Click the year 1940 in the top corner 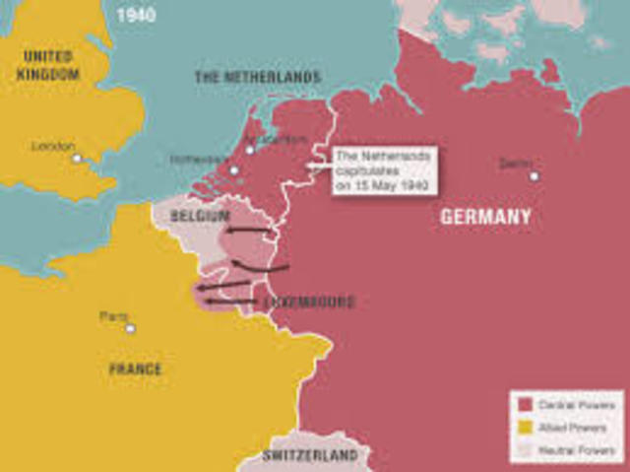tap(136, 15)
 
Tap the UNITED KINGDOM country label tap(48, 64)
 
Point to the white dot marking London tap(76, 158)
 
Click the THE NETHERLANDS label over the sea tap(257, 77)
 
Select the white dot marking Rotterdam tap(233, 170)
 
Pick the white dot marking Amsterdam tap(250, 150)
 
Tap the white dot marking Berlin tap(534, 176)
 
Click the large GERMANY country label tap(485, 217)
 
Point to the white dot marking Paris tap(130, 328)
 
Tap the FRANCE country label tap(135, 369)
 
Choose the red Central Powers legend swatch tap(525, 404)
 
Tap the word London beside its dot tap(53, 146)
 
